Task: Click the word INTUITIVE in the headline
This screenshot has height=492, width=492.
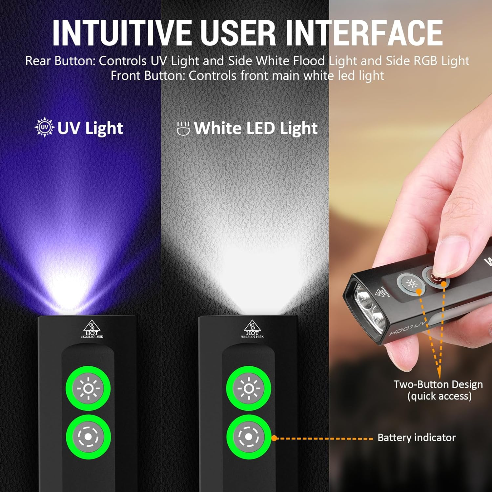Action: click(121, 33)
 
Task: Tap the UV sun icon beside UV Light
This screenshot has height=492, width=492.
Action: click(44, 128)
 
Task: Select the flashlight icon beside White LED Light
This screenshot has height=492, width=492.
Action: click(183, 128)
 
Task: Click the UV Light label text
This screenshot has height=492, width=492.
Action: click(90, 128)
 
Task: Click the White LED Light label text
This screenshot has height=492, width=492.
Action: click(256, 128)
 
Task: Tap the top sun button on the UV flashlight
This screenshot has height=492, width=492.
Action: click(88, 388)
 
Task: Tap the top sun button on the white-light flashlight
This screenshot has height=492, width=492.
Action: click(249, 388)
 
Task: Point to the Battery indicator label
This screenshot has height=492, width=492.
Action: click(417, 438)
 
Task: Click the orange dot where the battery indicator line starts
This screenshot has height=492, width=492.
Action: click(275, 438)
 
